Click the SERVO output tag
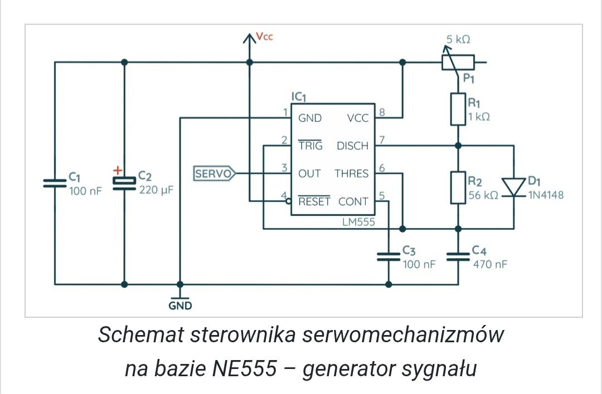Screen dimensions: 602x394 (214, 174)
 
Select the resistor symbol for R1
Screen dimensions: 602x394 (458, 109)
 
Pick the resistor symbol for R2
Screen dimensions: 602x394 (458, 188)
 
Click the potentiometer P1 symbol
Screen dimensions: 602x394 (458, 62)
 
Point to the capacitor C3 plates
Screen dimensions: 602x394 (389, 257)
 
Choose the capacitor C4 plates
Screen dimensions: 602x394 (458, 257)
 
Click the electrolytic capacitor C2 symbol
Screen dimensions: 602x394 (124, 183)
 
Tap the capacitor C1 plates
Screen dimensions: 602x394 (55, 183)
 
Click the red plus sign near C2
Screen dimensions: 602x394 (118, 170)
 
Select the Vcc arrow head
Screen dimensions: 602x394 (250, 38)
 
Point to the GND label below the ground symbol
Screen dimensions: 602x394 (180, 306)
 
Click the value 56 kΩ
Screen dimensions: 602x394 (483, 195)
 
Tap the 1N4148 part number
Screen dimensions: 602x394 (546, 195)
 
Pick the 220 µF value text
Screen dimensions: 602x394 (156, 190)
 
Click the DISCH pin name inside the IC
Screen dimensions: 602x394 (352, 146)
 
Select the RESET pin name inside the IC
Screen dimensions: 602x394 (314, 201)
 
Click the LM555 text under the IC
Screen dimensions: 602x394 (358, 222)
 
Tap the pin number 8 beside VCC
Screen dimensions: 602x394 (382, 112)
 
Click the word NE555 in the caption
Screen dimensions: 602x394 (244, 369)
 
